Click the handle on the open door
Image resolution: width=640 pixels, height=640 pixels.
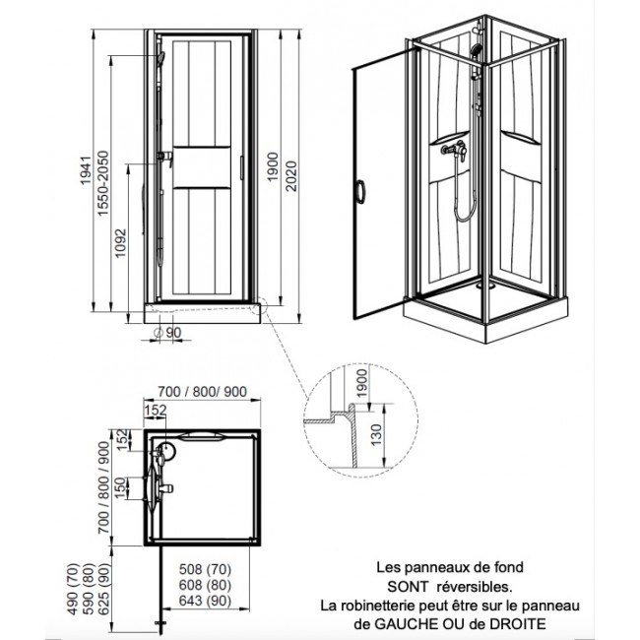pos(360,193)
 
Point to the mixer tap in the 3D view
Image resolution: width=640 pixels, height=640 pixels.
pos(454,153)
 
